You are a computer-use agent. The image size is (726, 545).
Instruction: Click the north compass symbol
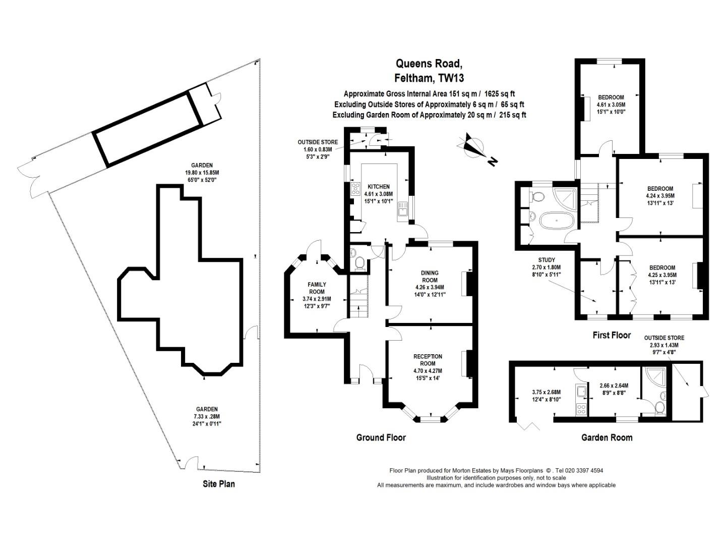(x=474, y=146)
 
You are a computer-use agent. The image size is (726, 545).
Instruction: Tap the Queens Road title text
(x=429, y=64)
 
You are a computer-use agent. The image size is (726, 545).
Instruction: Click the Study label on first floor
(x=547, y=260)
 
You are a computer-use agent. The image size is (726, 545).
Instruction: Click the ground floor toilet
(x=360, y=262)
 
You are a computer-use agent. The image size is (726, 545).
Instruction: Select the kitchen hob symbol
(x=354, y=190)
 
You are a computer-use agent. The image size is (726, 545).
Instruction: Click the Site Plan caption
(x=219, y=484)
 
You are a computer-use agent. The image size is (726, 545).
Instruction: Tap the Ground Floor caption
(x=381, y=438)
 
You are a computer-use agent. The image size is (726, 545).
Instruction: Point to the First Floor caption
(x=612, y=335)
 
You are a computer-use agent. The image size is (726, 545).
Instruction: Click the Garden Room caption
(x=607, y=438)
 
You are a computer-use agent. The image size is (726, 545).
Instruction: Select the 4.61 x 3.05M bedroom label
(x=611, y=104)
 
